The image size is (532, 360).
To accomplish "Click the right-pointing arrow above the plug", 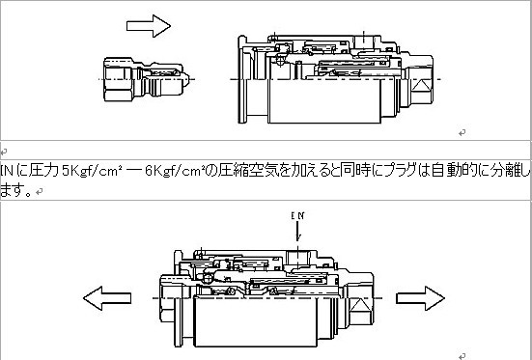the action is tap(149, 26).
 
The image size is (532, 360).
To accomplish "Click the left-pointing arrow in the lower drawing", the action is tap(107, 298).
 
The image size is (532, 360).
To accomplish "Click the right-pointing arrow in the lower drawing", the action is tap(420, 298).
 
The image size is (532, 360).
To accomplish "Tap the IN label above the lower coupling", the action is tap(297, 216).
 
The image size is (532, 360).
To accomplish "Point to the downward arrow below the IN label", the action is tap(298, 232).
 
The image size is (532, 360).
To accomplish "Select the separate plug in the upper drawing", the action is tap(147, 79).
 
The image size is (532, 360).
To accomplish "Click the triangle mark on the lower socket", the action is tap(360, 305).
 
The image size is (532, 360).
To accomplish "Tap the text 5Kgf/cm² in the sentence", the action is tap(92, 170).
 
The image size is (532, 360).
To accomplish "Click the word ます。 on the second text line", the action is tap(16, 191).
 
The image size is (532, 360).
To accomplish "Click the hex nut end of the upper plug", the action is tap(118, 79).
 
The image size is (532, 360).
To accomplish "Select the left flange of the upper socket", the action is tap(242, 79).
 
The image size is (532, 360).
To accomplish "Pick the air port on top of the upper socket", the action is tap(364, 42).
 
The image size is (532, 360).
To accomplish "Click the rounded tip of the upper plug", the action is tap(186, 79).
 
